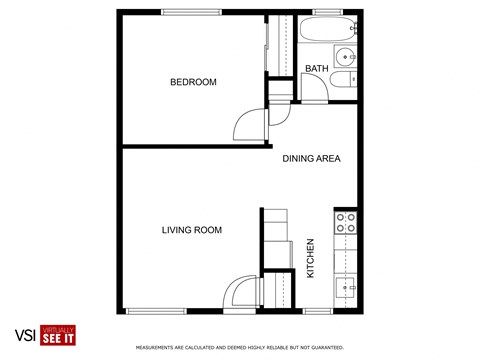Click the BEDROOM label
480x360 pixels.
click(192, 82)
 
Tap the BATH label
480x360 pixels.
click(316, 68)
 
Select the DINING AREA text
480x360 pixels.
click(312, 158)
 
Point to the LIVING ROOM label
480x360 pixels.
click(191, 230)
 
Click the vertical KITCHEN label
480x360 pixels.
click(311, 257)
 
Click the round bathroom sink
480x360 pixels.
click(345, 55)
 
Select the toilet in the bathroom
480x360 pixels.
click(344, 82)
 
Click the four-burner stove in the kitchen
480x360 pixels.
click(346, 222)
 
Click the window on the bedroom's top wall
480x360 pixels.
click(191, 12)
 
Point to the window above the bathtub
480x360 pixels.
click(329, 12)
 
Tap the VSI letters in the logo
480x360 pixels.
click(24, 335)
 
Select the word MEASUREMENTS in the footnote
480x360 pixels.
click(159, 348)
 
